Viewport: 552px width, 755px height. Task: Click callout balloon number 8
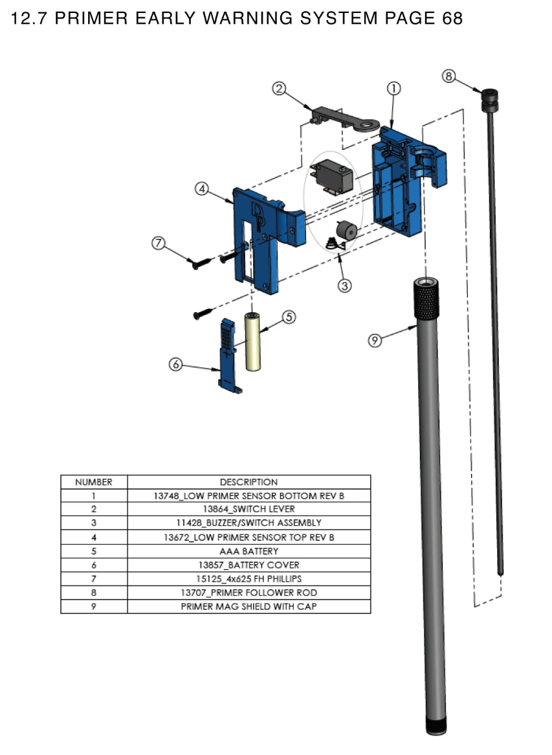point(448,76)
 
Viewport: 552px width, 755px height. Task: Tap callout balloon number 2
point(279,89)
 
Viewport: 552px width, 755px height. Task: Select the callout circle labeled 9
point(375,340)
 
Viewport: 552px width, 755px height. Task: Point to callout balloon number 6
point(175,365)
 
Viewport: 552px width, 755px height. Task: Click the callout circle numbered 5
point(289,317)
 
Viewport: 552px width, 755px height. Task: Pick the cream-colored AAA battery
point(252,342)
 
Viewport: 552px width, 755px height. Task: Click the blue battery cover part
point(228,355)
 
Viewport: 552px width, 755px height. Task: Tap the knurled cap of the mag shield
point(426,298)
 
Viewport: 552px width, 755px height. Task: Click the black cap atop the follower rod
point(489,97)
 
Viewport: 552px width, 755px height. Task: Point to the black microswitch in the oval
point(331,175)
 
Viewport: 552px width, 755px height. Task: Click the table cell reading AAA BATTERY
point(248,551)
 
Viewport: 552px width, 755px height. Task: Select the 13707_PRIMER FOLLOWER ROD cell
point(248,592)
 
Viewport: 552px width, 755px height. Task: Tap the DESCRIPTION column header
point(248,482)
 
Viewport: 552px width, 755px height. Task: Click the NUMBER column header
point(94,482)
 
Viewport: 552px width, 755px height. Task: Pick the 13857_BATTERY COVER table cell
point(248,565)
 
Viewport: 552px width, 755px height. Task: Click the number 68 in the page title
point(452,18)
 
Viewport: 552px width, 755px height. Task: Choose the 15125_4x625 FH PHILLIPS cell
point(248,579)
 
